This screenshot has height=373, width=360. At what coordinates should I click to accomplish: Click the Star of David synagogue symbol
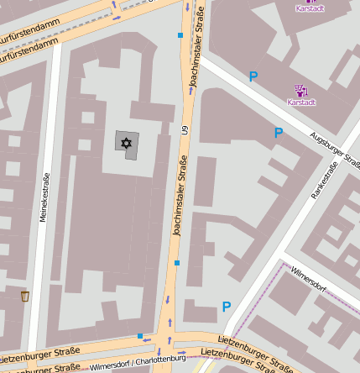127,143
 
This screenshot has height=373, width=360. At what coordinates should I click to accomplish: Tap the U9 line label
186,131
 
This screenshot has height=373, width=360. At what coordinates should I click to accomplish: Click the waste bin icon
25,296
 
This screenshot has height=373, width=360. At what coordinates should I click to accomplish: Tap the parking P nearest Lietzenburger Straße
226,307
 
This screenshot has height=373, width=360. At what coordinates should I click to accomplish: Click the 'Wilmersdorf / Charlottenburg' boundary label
138,363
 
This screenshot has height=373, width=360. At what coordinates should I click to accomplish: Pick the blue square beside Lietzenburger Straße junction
140,336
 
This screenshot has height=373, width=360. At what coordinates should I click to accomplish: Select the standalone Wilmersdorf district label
308,278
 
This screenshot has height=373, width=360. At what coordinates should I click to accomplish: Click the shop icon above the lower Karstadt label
300,90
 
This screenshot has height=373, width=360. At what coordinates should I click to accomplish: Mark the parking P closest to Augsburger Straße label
279,132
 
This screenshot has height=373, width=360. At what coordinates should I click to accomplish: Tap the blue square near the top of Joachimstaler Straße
180,35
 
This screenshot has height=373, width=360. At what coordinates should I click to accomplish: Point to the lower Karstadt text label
301,102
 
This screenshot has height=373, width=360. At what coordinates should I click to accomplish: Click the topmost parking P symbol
253,76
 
